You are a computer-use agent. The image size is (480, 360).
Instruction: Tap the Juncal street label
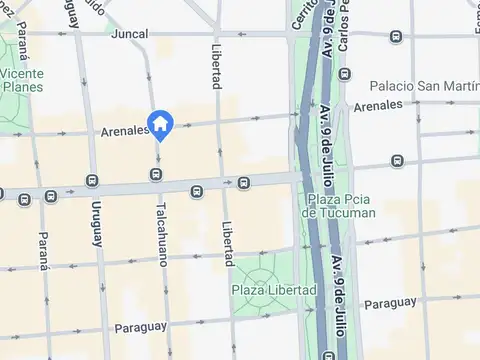click(x=131, y=33)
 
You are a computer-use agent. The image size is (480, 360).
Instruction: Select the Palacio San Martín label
click(x=424, y=86)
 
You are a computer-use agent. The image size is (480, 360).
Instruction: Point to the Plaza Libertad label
click(x=267, y=290)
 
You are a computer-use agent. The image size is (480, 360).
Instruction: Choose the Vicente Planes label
click(x=21, y=80)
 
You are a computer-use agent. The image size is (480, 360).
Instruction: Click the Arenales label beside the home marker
click(x=124, y=131)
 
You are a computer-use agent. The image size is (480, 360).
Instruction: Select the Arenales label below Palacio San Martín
click(x=378, y=105)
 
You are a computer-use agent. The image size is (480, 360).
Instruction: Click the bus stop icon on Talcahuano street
click(x=156, y=175)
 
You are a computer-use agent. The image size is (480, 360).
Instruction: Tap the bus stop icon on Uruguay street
click(x=92, y=181)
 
